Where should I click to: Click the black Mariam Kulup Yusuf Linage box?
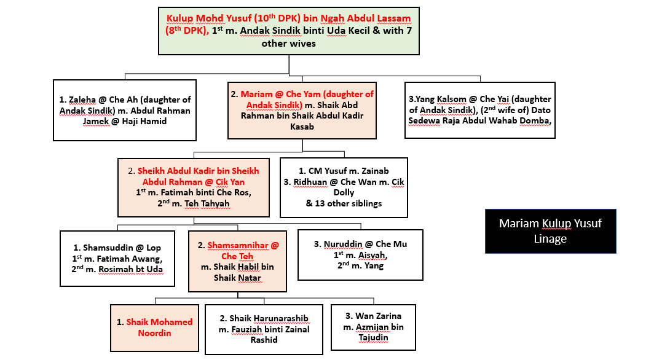pos(550,231)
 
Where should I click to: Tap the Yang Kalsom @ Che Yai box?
pos(480,109)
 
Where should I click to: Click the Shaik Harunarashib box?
pos(264,329)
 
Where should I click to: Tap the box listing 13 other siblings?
pos(344,187)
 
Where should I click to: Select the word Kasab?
pos(301,126)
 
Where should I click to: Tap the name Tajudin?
pos(374,337)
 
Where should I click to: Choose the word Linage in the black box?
pos(550,238)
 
